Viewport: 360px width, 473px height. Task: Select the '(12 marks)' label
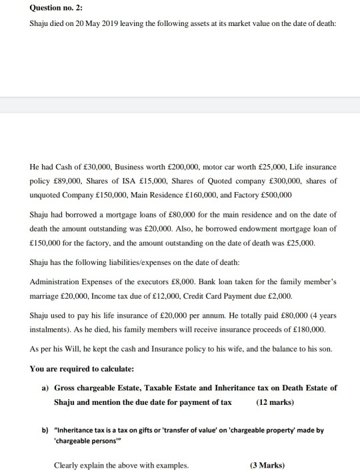click(x=275, y=402)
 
